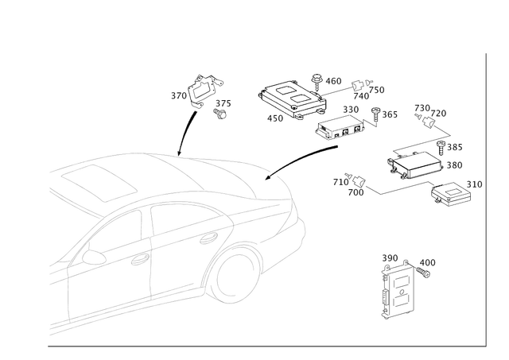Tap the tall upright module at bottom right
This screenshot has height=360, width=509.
point(398,290)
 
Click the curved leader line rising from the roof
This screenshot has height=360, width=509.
point(187,127)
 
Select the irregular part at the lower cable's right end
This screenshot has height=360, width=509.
point(453,192)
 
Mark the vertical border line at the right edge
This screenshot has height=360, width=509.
point(485,199)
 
